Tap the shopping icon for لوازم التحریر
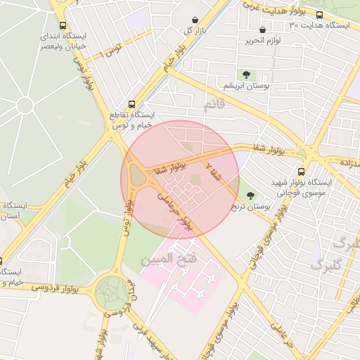tap(263, 30)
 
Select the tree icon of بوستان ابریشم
tap(246, 75)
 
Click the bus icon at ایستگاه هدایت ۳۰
tap(320, 15)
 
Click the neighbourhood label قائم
tap(212, 105)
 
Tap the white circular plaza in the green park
tap(25, 105)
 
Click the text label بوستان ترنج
tap(251, 207)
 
